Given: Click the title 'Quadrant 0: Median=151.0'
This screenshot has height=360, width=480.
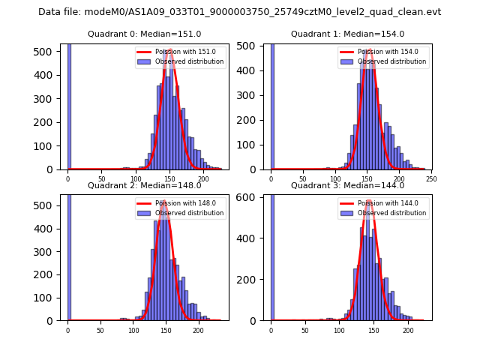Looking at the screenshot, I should point(144,34).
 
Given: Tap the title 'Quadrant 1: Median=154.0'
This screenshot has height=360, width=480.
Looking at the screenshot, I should point(347,34).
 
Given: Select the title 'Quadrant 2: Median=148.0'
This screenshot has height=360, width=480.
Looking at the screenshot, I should point(144,185).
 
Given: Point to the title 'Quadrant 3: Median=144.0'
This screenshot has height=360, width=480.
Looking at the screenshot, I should point(347,185).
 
